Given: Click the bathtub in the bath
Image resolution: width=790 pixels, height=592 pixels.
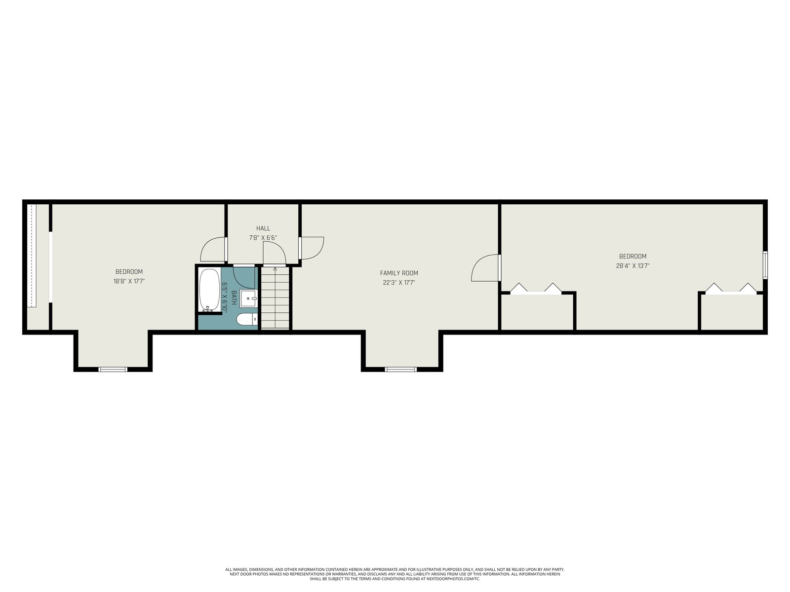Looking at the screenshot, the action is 209,290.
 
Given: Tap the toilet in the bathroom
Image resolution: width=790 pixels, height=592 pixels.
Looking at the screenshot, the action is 247,319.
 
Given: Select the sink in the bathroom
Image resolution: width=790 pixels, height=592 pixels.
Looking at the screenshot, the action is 248,298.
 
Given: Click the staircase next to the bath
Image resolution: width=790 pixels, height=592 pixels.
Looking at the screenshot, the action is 275,297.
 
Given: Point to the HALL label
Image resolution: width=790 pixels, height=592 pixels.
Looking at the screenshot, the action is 263,228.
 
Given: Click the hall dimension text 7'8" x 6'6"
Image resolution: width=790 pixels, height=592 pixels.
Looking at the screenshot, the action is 263,238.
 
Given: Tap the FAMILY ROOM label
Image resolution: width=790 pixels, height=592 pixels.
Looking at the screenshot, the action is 399,273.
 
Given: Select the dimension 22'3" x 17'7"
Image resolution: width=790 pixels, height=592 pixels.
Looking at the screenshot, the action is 399,283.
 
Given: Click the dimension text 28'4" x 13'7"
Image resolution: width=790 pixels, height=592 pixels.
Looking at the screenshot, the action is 632,266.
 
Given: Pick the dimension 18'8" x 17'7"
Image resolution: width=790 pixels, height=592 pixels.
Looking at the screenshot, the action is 129,281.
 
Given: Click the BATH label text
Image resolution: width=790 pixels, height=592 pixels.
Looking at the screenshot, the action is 234,297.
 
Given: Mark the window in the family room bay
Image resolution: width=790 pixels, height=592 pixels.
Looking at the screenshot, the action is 400,369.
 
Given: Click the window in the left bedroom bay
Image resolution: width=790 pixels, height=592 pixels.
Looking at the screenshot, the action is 113,369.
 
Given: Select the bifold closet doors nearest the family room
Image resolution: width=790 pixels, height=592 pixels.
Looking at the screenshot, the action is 536,289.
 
